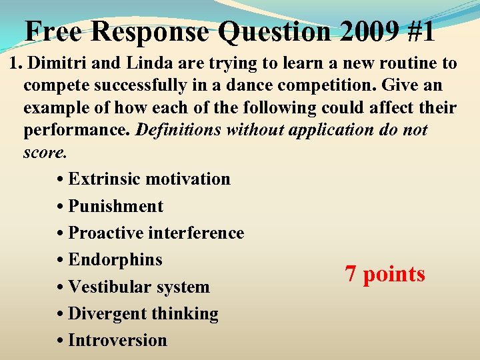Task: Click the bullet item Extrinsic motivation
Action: (x=149, y=179)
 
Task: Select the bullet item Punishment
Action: (x=115, y=206)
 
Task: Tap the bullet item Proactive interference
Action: (x=156, y=233)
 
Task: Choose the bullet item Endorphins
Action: (x=115, y=259)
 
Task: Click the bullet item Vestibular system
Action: (x=139, y=287)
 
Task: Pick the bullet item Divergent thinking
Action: (x=143, y=313)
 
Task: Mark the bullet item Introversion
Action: (x=117, y=340)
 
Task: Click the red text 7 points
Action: (x=385, y=274)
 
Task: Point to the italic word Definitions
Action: (x=179, y=129)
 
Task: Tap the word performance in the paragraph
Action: (x=77, y=129)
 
